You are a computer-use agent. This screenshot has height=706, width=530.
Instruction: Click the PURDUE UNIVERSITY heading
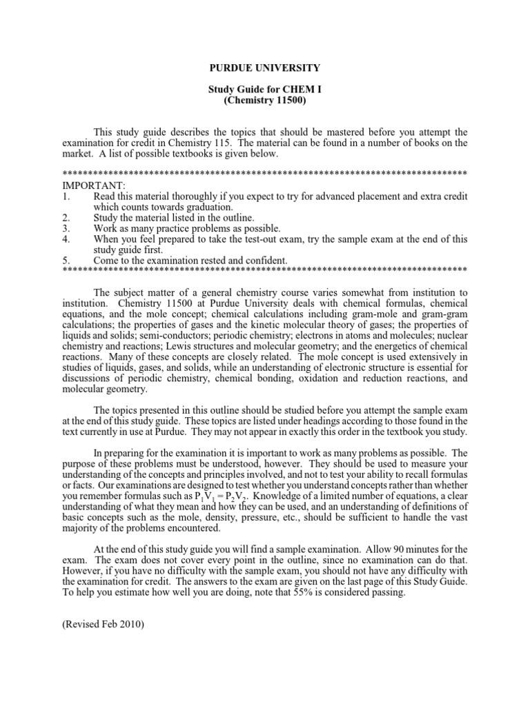[x=265, y=68]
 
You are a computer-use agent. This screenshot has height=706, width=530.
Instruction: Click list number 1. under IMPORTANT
[x=66, y=196]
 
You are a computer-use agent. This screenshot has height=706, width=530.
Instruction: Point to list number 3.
[x=66, y=228]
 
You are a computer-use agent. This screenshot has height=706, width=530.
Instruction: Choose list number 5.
[x=66, y=260]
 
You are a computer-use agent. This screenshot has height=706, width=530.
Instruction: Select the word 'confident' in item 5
[x=265, y=260]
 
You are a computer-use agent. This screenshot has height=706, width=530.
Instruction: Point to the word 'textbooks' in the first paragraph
[x=184, y=154]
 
